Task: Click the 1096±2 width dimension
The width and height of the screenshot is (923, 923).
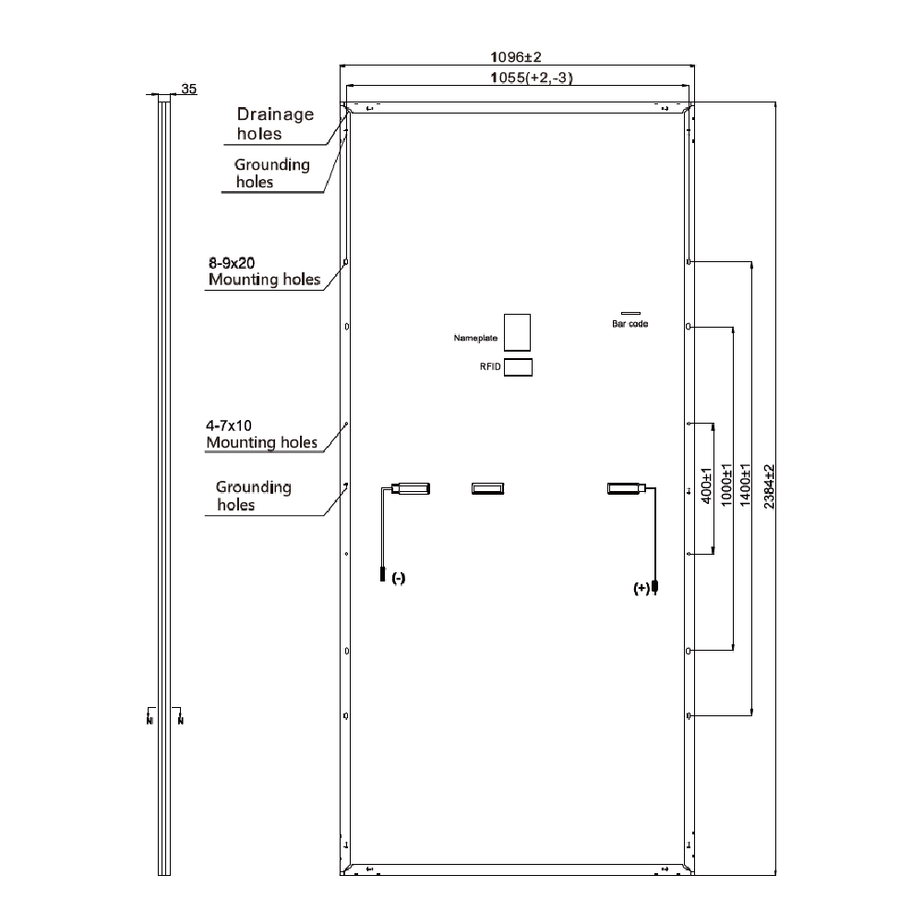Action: click(516, 57)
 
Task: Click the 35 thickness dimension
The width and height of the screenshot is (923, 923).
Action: click(189, 89)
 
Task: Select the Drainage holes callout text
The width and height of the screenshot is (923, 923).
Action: click(274, 124)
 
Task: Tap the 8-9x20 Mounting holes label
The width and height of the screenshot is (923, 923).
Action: click(264, 271)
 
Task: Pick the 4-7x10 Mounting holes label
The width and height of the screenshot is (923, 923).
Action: click(261, 435)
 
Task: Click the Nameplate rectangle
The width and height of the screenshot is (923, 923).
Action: click(517, 332)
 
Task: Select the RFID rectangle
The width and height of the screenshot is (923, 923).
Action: click(518, 367)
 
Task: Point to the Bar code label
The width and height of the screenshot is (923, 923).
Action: click(630, 324)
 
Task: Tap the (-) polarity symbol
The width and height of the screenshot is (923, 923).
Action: click(398, 578)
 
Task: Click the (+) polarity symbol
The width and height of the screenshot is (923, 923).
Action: click(641, 587)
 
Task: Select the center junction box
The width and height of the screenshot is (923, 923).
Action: click(488, 488)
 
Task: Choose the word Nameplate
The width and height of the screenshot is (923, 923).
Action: click(475, 339)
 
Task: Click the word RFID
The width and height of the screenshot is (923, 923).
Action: click(489, 367)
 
